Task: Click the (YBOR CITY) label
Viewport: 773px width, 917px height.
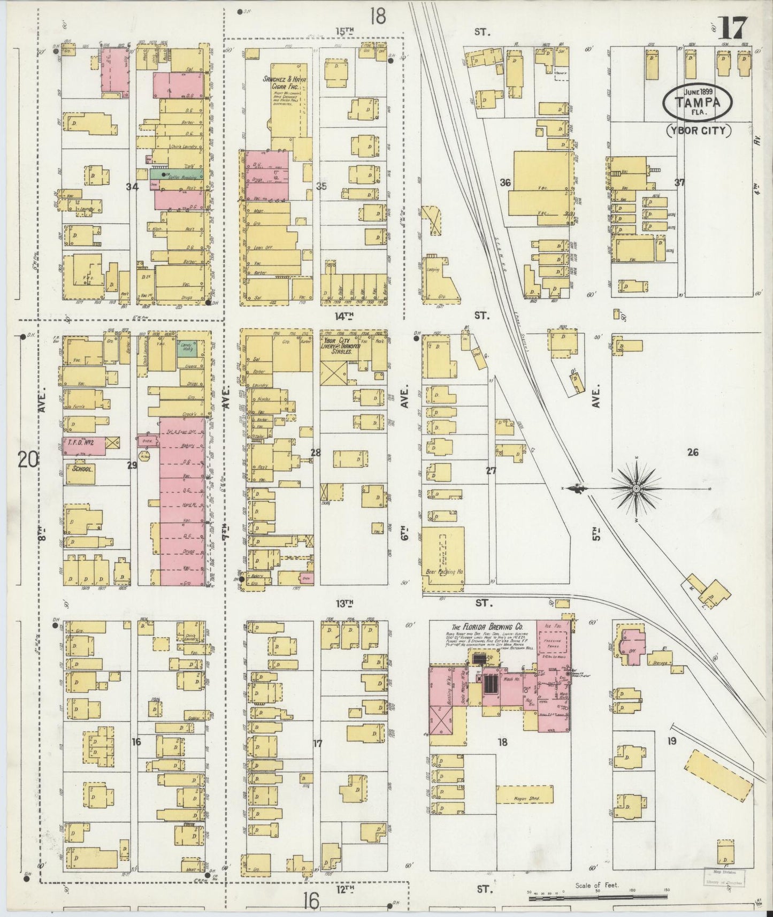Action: (699, 131)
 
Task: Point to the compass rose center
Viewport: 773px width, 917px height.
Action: (637, 489)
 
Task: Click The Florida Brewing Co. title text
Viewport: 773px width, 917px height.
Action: (487, 626)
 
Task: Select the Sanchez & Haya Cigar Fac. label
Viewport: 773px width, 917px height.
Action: (284, 83)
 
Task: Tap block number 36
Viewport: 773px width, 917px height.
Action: (504, 182)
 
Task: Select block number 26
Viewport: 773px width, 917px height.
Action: (693, 452)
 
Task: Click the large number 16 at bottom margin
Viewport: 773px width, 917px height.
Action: (310, 900)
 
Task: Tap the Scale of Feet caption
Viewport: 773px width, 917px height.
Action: (596, 885)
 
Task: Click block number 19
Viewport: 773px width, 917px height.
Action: (672, 741)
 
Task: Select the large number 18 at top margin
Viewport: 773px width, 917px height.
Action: (377, 16)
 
